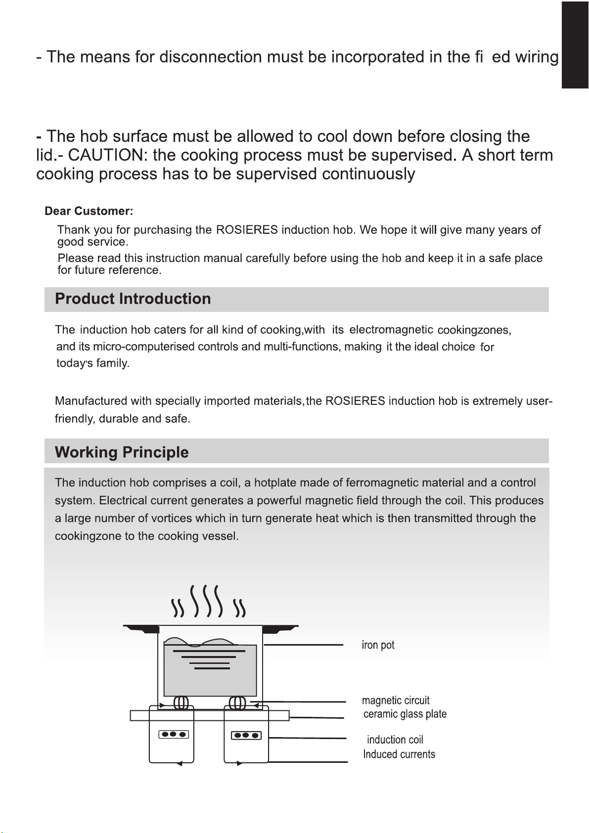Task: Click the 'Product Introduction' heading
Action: [133, 299]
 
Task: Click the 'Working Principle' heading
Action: [122, 452]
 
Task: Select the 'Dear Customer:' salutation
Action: [89, 212]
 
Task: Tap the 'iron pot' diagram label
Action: [378, 645]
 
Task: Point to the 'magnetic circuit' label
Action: [396, 701]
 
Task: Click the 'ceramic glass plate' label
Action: [405, 714]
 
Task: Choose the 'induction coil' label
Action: [395, 740]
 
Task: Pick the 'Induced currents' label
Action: [399, 754]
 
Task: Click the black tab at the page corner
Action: [575, 44]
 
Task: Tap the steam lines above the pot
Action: [208, 602]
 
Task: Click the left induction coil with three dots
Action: [173, 735]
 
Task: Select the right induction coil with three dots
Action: [246, 735]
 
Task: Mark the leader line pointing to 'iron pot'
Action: [303, 645]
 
